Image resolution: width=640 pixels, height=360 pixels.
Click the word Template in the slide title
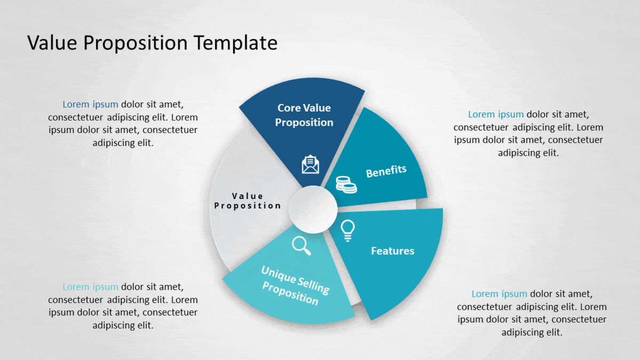pos(236,43)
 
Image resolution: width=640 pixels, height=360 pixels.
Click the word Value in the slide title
pos(52,43)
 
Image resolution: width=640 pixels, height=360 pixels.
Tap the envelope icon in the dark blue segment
pos(310,164)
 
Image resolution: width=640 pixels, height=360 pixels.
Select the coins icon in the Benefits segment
pos(346,185)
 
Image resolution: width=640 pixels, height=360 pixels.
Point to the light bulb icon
pos(348,231)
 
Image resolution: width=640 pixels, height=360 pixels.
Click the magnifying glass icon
pos(301,246)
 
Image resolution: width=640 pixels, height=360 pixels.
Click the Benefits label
pos(386,171)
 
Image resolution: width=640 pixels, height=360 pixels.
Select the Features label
pos(393,251)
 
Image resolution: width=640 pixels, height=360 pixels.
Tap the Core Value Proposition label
pos(304,115)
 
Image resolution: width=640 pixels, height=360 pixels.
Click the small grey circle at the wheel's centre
pos(313,210)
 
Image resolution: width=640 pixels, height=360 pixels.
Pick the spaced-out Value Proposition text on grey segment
pos(247,201)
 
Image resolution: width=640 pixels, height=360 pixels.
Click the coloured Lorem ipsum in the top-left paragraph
pos(90,105)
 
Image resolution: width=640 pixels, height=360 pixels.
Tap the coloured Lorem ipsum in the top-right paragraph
pos(495,115)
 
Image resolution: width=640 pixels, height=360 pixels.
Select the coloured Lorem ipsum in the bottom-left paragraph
pos(90,287)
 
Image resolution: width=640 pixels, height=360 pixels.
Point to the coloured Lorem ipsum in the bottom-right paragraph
pos(499,294)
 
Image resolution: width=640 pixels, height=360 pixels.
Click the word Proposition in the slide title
pos(135,43)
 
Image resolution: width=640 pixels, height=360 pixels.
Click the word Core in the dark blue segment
pos(289,108)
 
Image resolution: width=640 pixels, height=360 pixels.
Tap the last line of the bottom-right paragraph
pos(532,333)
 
